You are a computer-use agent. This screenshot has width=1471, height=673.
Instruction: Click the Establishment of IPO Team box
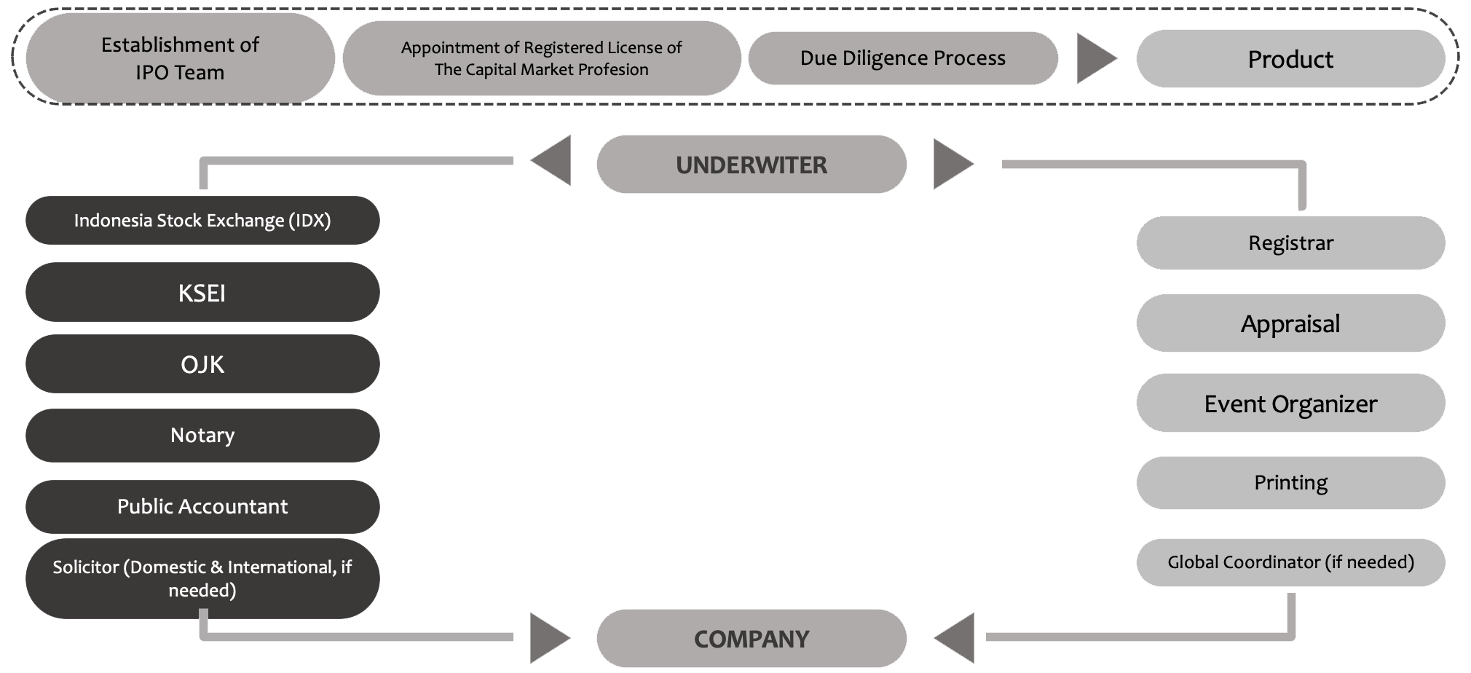[x=180, y=58]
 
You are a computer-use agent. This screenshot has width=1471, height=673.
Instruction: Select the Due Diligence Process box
[x=902, y=58]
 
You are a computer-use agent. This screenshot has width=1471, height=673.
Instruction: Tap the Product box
[x=1290, y=59]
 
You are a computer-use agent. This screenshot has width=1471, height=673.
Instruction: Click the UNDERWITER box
[x=751, y=165]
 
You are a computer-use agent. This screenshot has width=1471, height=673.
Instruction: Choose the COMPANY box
[x=751, y=638]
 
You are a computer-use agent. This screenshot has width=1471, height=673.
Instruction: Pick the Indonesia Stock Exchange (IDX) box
[x=202, y=221]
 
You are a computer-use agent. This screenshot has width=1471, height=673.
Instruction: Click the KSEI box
[x=202, y=293]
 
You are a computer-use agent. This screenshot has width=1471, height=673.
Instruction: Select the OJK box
[x=202, y=364]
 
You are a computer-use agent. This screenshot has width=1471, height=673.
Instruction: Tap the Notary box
[x=202, y=436]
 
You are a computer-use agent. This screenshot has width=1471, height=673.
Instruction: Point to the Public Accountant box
[x=202, y=507]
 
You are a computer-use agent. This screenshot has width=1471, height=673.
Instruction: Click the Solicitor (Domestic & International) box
[x=202, y=578]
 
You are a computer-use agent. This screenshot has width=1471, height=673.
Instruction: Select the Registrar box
[x=1290, y=243]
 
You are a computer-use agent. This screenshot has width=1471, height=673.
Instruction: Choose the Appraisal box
[x=1290, y=323]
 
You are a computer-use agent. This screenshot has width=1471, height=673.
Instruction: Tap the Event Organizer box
[x=1290, y=404]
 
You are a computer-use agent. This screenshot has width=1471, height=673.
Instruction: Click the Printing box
[x=1290, y=483]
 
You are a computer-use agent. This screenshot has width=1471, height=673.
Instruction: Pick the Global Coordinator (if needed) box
[x=1290, y=562]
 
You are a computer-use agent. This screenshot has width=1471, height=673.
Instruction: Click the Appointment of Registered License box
[x=541, y=58]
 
